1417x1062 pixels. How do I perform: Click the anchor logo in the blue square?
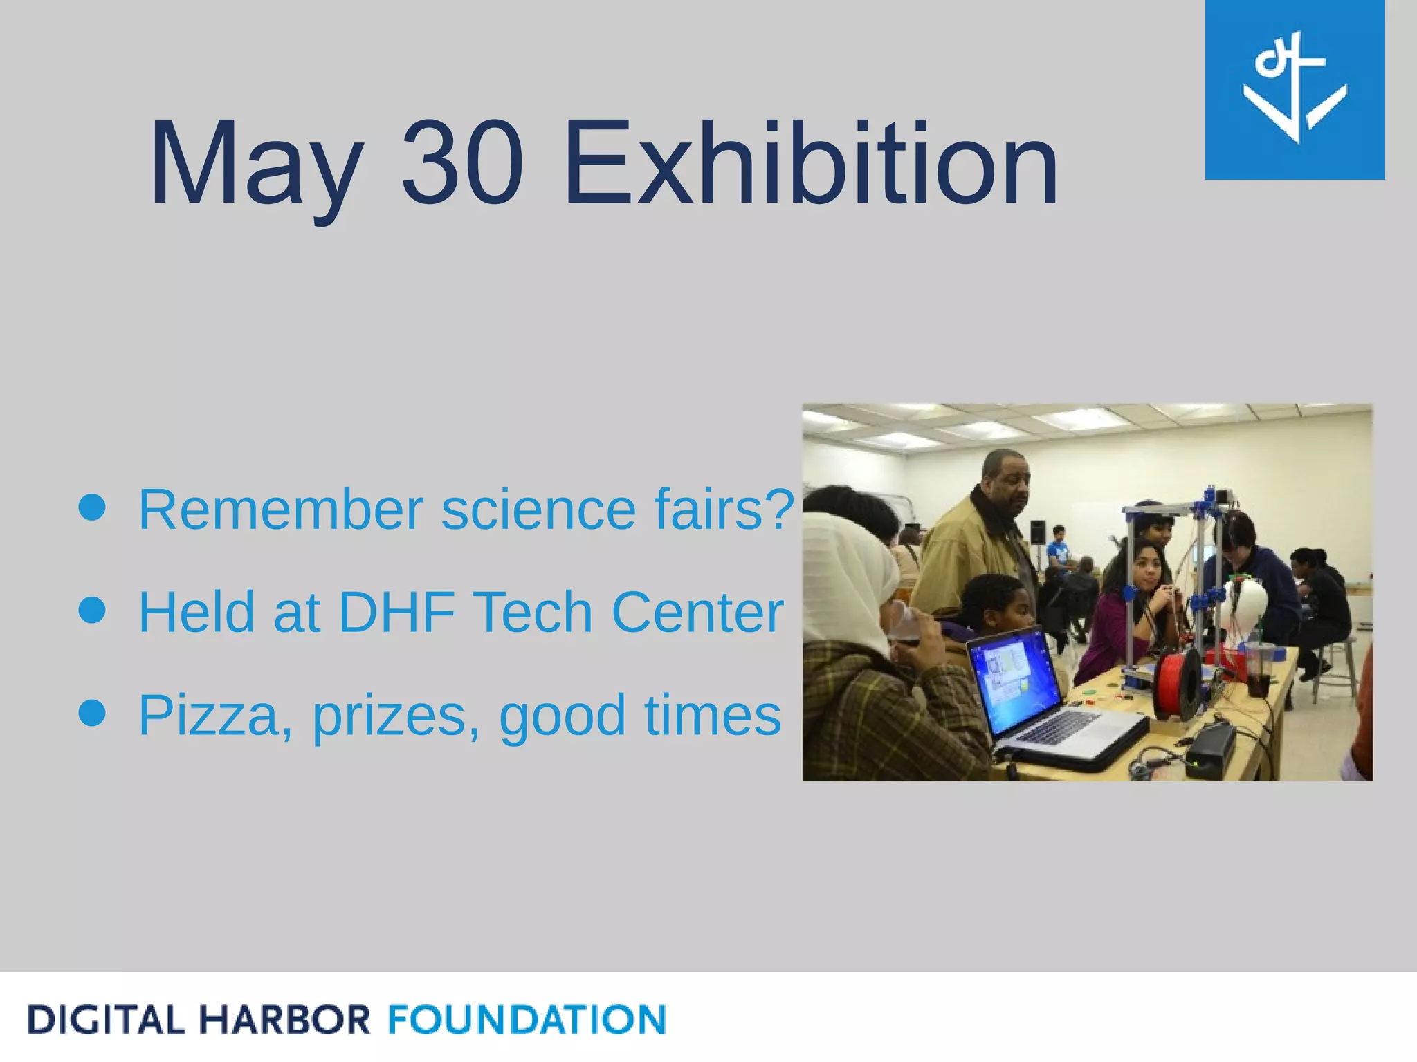1295,89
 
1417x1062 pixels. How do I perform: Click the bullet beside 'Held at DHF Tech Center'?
92,611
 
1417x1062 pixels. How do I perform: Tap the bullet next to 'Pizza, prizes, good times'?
92,713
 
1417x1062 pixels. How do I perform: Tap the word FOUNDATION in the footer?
527,1021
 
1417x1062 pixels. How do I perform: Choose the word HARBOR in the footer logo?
284,1021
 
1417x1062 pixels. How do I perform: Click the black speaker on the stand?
1038,532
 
